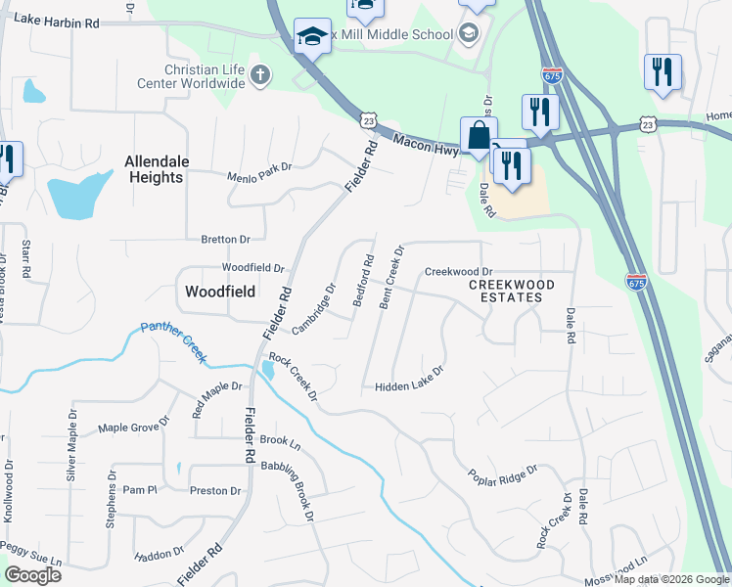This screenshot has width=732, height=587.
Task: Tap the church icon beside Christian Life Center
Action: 259,75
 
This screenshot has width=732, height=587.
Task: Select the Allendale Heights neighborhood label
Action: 154,169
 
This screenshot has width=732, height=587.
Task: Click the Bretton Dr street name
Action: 225,239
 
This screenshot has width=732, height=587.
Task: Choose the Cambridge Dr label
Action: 313,308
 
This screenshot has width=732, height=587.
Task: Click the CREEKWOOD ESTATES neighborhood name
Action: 511,291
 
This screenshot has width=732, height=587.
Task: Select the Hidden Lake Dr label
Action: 409,380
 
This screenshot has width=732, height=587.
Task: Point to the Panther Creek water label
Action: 173,341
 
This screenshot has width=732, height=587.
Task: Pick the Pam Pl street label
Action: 140,489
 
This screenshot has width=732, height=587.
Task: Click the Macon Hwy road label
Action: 427,143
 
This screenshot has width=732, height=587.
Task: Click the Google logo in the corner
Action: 32,575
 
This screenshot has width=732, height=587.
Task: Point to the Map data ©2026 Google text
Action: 670,579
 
